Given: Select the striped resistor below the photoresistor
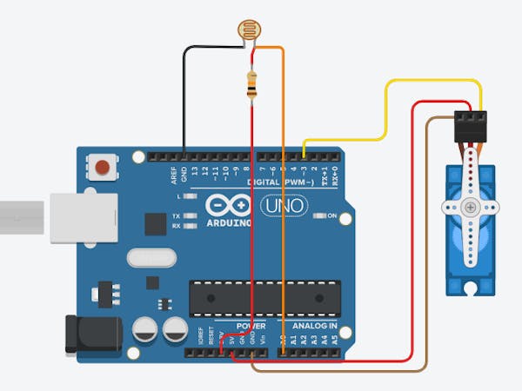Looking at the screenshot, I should pyautogui.click(x=252, y=84).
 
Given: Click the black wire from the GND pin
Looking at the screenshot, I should pyautogui.click(x=184, y=96).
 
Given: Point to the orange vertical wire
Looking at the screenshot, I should pyautogui.click(x=284, y=217).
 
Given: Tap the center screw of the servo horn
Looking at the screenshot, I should pyautogui.click(x=471, y=208).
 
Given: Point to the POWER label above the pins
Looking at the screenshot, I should pyautogui.click(x=251, y=326).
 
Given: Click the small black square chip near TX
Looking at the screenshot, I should pyautogui.click(x=154, y=225).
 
